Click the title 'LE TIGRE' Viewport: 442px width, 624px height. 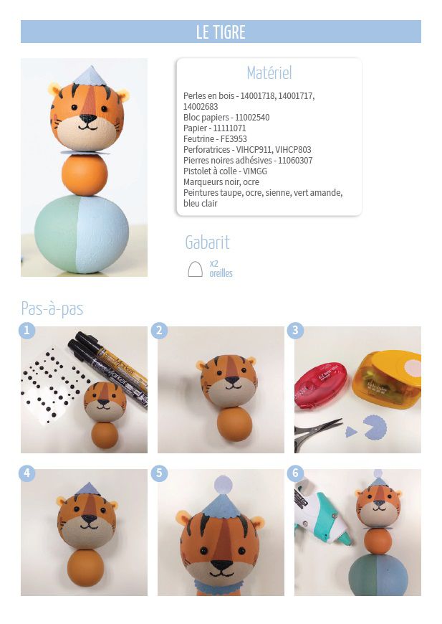click(x=221, y=32)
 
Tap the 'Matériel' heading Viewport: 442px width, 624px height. click(x=269, y=73)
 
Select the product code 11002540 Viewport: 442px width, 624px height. click(x=252, y=118)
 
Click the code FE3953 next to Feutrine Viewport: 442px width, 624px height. click(x=234, y=139)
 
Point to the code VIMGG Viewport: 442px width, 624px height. click(x=255, y=171)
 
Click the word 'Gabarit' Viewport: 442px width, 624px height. click(x=208, y=242)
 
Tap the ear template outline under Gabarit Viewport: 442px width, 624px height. click(x=195, y=270)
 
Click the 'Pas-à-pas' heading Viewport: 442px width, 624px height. click(x=52, y=308)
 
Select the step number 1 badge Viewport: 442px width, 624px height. click(x=27, y=331)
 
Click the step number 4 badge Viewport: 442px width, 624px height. click(x=27, y=473)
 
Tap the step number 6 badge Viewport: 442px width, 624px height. click(x=295, y=473)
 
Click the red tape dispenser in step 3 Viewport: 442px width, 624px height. click(x=320, y=386)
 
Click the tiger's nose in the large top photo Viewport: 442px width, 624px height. click(x=87, y=118)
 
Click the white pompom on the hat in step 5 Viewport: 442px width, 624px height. click(x=222, y=485)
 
